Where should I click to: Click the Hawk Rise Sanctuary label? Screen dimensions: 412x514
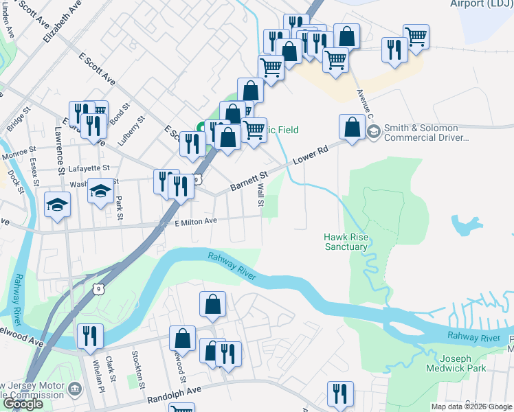[346, 242]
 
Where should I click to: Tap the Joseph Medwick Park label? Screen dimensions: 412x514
[465, 363]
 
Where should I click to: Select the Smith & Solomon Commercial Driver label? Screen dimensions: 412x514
[426, 133]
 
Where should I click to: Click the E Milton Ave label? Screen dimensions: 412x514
[195, 221]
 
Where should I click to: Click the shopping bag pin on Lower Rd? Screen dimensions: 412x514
[352, 128]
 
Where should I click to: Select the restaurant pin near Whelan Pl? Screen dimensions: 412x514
[90, 336]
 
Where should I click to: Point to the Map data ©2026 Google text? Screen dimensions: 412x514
[471, 407]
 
